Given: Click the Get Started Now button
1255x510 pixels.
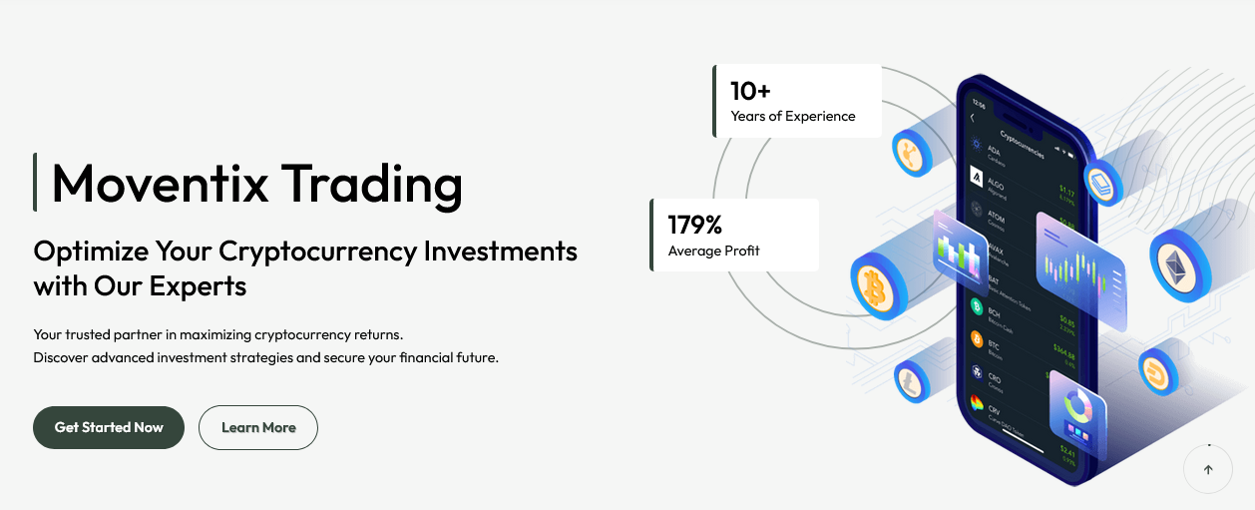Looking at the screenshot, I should pos(109,427).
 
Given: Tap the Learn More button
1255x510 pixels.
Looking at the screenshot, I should pos(258,427).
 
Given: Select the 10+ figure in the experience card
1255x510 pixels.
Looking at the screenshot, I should pos(750,91).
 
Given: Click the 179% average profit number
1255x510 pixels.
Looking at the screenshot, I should pos(694,225).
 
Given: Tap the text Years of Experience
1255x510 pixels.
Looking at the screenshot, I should pos(793,116).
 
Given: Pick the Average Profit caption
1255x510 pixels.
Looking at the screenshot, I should pos(713,251).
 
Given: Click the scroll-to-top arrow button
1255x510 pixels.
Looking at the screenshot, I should pos(1208,469).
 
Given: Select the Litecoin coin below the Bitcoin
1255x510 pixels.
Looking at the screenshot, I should pos(911,381).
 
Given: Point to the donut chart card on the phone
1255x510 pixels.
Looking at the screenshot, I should pos(1076,414).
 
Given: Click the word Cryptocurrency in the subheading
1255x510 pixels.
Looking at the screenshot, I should pos(316,251).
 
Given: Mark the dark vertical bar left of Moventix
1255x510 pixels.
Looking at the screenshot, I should pos(35,183).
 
